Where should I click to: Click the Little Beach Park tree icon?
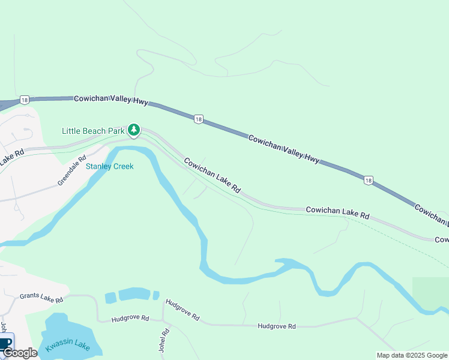(x=134, y=130)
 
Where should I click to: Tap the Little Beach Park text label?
(x=93, y=131)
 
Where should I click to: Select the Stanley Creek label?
(x=109, y=166)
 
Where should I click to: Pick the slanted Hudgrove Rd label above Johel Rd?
(x=182, y=310)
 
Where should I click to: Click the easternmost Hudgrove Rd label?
(x=277, y=326)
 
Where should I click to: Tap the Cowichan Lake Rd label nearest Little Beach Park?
(x=212, y=175)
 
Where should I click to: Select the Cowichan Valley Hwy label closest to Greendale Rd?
(x=111, y=100)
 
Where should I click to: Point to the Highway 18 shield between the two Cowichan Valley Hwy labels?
(x=198, y=120)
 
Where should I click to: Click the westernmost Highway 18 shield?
(x=23, y=100)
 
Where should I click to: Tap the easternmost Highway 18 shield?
(x=369, y=180)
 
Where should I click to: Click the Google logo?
(x=20, y=353)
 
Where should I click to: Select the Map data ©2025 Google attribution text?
(x=412, y=355)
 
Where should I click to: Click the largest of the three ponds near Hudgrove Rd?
(x=134, y=294)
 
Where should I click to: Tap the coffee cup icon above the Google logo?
(x=6, y=343)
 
